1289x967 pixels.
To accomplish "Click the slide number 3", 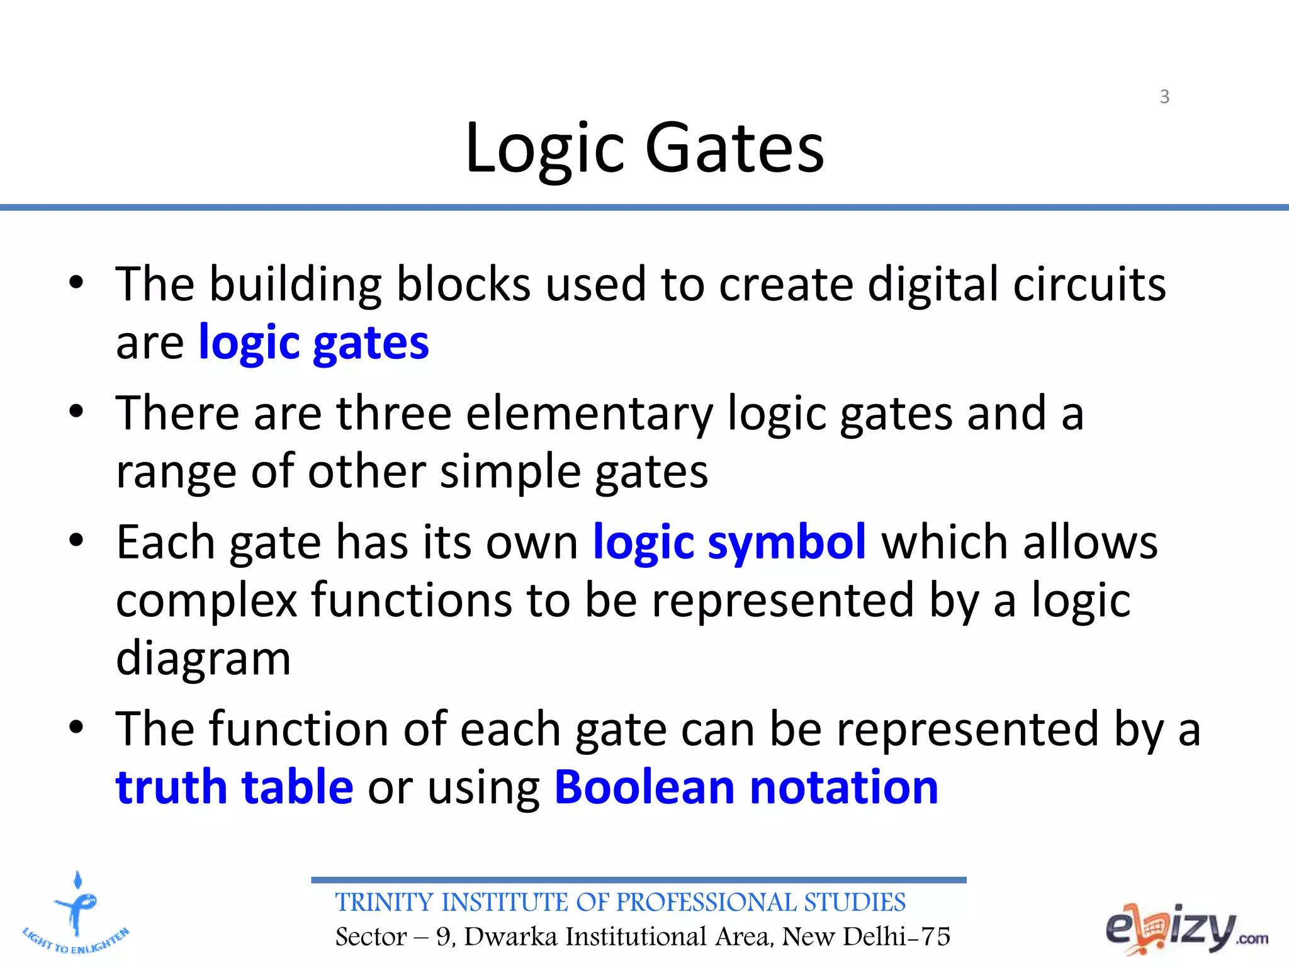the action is (1164, 97).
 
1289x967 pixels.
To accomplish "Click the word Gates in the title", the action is (735, 149).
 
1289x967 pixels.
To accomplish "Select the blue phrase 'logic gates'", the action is (313, 344).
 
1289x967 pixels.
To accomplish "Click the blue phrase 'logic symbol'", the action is (729, 543).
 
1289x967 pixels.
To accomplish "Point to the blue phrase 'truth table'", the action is (234, 788).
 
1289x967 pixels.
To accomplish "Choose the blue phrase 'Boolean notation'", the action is (746, 788).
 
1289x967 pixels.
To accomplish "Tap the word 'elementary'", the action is (590, 414).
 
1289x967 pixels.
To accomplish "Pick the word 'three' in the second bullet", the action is (394, 413).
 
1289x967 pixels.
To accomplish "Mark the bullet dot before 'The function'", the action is (76, 727).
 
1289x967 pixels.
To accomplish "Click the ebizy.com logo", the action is (1186, 929).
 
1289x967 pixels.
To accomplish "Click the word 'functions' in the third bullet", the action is (412, 600).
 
